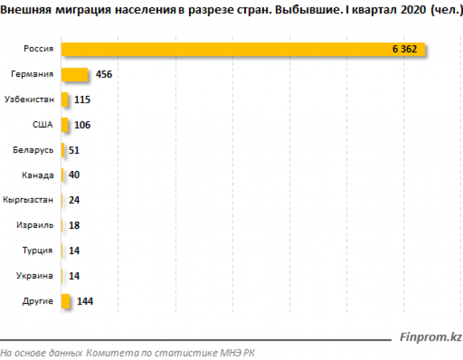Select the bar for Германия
coord(74,75)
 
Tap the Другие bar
coord(66,301)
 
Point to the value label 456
coord(104,75)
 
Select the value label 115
coord(82,100)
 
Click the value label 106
coord(82,125)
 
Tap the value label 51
coord(74,150)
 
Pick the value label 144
coord(84,301)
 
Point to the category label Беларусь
coord(33,150)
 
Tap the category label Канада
coord(38,175)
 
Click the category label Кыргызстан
coord(28,200)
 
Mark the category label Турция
coord(38,250)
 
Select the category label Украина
coord(36,276)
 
